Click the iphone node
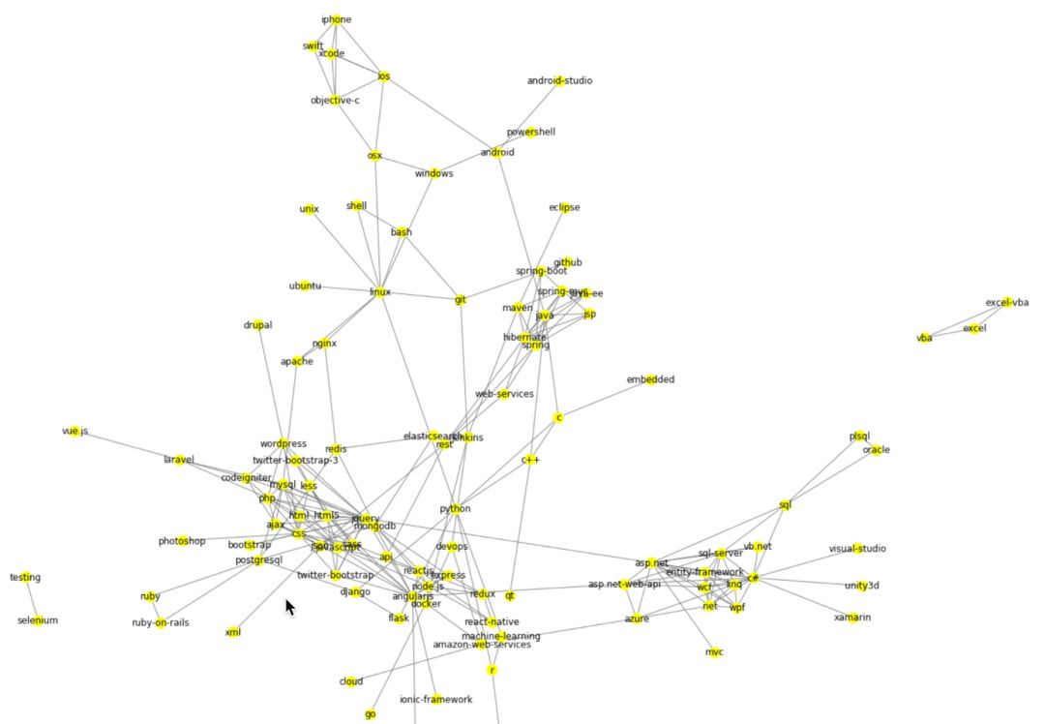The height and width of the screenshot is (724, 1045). (x=336, y=19)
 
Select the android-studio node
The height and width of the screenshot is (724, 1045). (x=559, y=80)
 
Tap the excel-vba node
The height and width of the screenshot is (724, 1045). (x=1006, y=302)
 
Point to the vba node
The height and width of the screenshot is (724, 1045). (x=924, y=338)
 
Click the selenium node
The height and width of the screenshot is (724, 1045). (x=38, y=620)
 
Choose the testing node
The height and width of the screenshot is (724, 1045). (x=25, y=578)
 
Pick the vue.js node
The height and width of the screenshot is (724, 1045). (x=75, y=431)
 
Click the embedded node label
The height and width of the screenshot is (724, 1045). (x=650, y=379)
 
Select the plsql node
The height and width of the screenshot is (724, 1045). (x=860, y=437)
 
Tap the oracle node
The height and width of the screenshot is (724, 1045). (x=876, y=450)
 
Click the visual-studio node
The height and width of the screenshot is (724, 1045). (x=856, y=549)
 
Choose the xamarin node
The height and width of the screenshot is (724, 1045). (x=852, y=618)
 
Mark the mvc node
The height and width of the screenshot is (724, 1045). (x=714, y=652)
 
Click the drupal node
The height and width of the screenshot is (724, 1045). (x=257, y=325)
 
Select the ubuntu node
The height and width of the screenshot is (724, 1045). (x=305, y=286)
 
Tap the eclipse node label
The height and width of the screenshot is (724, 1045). (x=564, y=207)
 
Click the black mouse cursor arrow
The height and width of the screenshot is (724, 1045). (x=289, y=607)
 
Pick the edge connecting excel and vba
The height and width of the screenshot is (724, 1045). (x=949, y=333)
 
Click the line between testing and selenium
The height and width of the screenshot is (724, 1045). (x=31, y=599)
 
